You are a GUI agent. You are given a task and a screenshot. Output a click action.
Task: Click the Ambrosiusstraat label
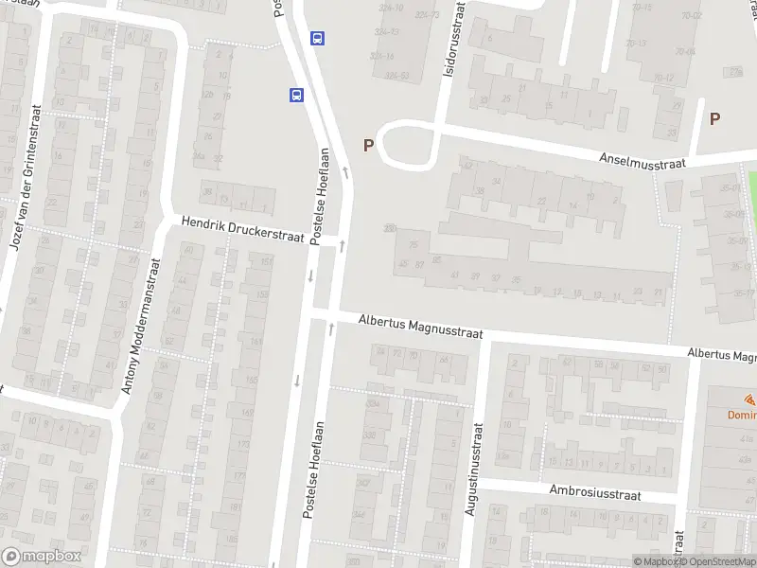coord(595,493)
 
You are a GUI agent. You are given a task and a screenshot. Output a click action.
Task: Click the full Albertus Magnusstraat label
coord(420,328)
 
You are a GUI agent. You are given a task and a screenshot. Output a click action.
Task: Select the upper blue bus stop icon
coord(318,39)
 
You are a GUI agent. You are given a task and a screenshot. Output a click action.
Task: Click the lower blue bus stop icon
coord(297,95)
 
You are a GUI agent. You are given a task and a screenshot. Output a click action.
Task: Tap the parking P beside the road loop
coord(368,145)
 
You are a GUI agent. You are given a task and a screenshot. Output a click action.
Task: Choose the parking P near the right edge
coord(715,118)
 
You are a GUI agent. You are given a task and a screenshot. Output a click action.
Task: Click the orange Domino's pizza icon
coord(748,399)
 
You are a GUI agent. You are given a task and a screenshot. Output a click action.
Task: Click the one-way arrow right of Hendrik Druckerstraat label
coord(341,246)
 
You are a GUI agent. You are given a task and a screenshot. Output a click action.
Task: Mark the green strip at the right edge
coord(752,189)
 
